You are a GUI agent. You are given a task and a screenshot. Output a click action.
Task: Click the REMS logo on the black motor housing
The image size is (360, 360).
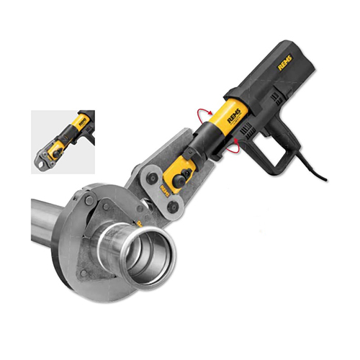click(x=285, y=63)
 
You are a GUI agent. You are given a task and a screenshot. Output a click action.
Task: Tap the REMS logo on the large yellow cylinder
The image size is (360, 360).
click(x=234, y=115)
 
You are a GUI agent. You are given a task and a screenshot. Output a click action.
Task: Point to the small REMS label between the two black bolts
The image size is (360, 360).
click(x=165, y=192)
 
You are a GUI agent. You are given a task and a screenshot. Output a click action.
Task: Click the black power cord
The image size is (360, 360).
click(x=311, y=167)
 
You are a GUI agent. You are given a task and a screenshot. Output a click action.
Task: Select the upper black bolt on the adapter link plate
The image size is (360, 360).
click(x=151, y=178)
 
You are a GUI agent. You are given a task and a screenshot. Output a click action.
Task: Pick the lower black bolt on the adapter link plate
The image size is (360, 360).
click(x=174, y=207)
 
